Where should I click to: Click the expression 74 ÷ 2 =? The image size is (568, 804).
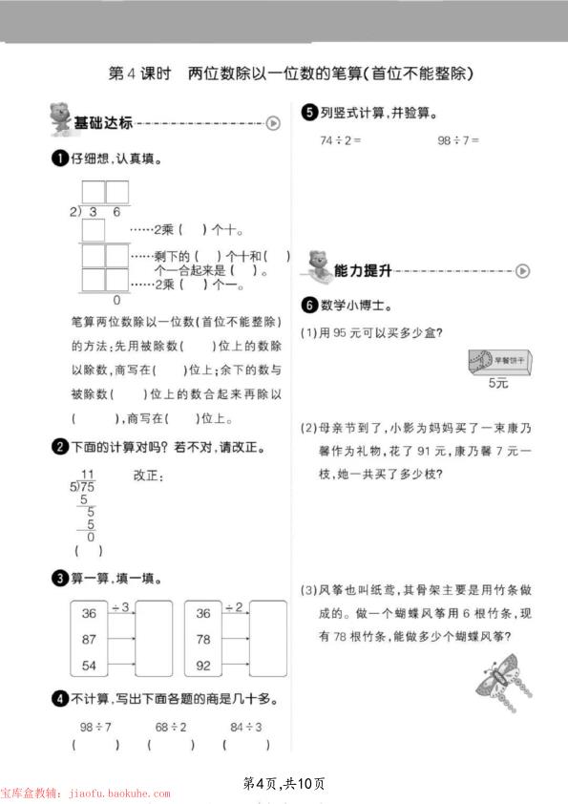341,140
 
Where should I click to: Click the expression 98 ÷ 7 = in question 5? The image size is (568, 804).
458,140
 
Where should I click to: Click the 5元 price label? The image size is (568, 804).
498,383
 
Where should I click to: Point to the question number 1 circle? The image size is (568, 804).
60,159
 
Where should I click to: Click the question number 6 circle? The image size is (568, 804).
308,306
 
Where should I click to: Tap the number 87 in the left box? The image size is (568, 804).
90,639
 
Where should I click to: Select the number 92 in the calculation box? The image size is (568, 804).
203,665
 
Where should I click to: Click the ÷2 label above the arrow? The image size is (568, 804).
234,607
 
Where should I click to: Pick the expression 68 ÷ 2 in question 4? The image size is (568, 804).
171,728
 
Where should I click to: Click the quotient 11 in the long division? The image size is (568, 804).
88,475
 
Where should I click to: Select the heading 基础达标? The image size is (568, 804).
103,122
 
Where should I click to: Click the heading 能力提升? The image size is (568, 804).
363,271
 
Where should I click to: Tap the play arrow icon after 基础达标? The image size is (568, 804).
274,122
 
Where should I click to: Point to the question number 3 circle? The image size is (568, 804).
60,578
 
